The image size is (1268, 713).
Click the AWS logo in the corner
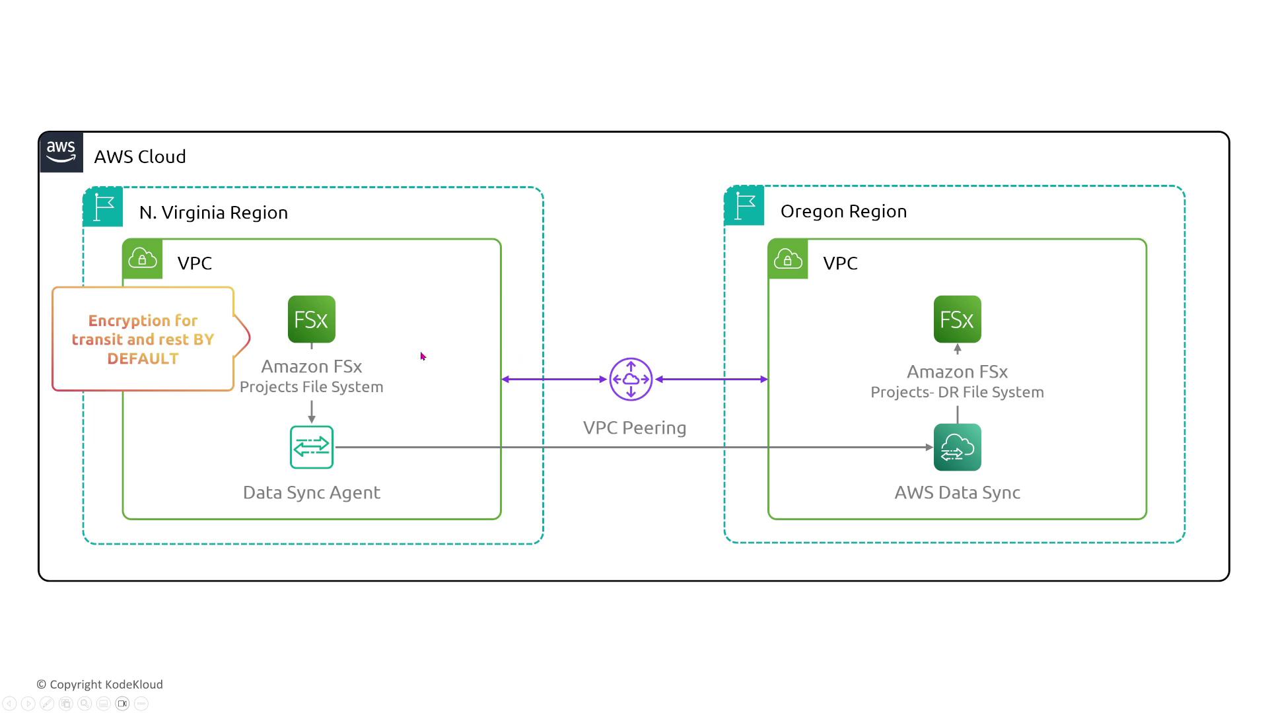click(61, 152)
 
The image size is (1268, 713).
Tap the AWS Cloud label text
click(140, 157)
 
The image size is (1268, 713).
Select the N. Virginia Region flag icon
click(103, 207)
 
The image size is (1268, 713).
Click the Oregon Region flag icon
click(744, 206)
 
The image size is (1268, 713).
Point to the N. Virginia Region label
click(213, 213)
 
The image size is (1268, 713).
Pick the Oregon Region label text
click(843, 211)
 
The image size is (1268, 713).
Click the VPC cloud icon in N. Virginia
click(143, 259)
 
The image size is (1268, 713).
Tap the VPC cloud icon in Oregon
click(788, 259)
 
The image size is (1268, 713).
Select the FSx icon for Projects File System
click(312, 320)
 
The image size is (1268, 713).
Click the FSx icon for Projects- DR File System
click(957, 320)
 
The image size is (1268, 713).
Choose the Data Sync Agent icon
click(312, 448)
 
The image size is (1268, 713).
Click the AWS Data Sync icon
click(957, 448)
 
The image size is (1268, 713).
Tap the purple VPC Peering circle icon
click(631, 380)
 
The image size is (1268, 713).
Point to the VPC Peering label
click(635, 428)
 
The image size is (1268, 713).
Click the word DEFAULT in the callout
click(143, 358)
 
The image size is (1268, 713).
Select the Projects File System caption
click(312, 387)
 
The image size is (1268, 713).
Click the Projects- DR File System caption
click(957, 392)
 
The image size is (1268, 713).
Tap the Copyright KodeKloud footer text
click(100, 685)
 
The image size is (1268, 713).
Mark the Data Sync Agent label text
click(312, 492)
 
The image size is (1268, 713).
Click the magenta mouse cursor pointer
click(423, 356)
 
